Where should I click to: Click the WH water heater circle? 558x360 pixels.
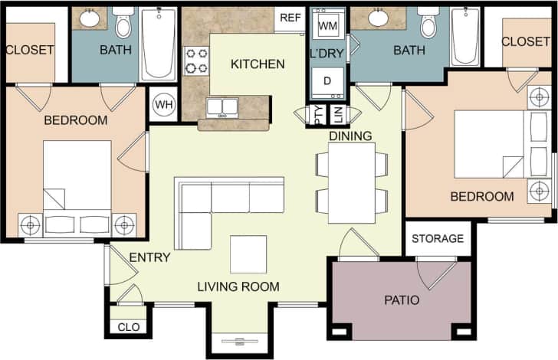[163, 104]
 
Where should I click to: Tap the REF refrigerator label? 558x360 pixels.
[290, 18]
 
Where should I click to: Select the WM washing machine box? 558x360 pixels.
[327, 26]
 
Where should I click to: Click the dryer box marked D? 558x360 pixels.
[327, 80]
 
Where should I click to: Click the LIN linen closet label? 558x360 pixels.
[337, 115]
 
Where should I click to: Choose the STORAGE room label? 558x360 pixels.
[438, 238]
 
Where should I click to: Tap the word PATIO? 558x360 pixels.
[402, 299]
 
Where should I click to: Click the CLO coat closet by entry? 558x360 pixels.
[128, 327]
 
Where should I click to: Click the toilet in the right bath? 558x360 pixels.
[428, 24]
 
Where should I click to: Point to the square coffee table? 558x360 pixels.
[248, 254]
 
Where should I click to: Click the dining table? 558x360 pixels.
[351, 183]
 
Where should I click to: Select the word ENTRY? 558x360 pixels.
[149, 257]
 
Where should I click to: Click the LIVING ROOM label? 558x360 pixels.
[238, 287]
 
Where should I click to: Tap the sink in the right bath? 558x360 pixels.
[378, 18]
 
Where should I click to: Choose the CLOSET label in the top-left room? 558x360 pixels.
[30, 50]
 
